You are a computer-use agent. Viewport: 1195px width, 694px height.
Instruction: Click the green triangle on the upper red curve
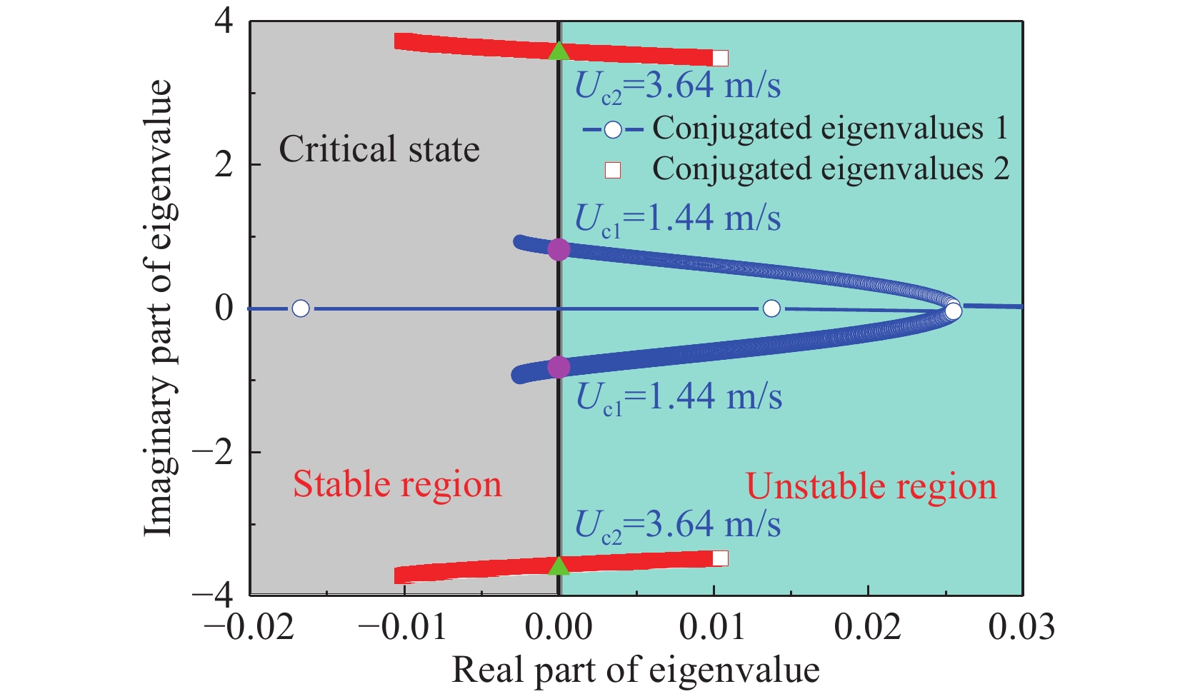coord(559,51)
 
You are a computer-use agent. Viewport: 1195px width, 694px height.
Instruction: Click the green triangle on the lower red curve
coord(559,565)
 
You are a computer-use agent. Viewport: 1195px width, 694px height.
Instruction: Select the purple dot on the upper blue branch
coord(559,249)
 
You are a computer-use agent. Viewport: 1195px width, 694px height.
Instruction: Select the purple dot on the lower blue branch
coord(559,367)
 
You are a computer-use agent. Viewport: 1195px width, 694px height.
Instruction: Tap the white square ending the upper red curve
coord(720,58)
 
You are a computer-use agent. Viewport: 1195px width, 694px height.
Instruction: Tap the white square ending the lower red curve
coord(720,558)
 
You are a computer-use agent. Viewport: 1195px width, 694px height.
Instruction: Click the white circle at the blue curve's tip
coord(953,311)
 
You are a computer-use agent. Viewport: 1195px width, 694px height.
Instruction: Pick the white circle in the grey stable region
coord(301,308)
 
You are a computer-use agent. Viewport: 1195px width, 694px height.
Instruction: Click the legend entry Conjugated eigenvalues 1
coord(829,129)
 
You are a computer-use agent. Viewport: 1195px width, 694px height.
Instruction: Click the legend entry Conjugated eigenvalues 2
coord(829,169)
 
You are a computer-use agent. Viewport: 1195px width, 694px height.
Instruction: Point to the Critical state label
coord(379,150)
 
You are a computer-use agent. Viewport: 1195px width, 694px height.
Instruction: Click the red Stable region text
coord(397,484)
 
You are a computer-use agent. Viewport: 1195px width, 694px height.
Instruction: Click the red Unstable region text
coord(871,487)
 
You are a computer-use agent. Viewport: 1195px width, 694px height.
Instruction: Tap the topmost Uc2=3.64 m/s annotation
coord(677,86)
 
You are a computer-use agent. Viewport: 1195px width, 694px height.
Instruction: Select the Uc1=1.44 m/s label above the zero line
coord(677,218)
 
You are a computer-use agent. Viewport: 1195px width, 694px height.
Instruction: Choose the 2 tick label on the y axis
coord(224,165)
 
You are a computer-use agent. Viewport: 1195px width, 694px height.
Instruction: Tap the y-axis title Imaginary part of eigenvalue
coord(159,307)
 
